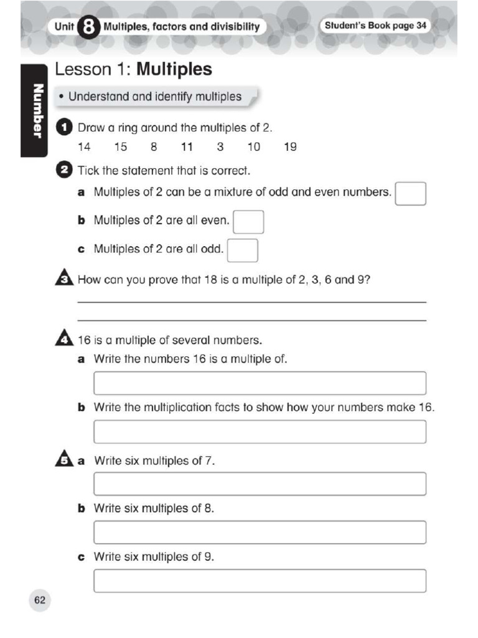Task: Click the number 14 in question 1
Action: [84, 148]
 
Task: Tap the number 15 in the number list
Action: [120, 148]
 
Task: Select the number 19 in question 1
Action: [290, 148]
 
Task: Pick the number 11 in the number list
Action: [187, 148]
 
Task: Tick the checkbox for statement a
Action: [411, 194]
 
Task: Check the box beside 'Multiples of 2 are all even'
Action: [248, 222]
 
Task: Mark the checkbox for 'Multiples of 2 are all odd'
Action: [243, 250]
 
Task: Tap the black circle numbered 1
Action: [64, 128]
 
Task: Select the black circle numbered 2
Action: [64, 170]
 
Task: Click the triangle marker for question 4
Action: [64, 340]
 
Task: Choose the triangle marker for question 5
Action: [64, 460]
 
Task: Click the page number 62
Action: [40, 600]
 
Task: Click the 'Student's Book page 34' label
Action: [375, 26]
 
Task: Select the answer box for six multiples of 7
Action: [260, 484]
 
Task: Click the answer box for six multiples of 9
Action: [260, 581]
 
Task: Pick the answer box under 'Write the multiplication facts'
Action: [260, 432]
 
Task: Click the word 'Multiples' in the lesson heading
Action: [174, 69]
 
